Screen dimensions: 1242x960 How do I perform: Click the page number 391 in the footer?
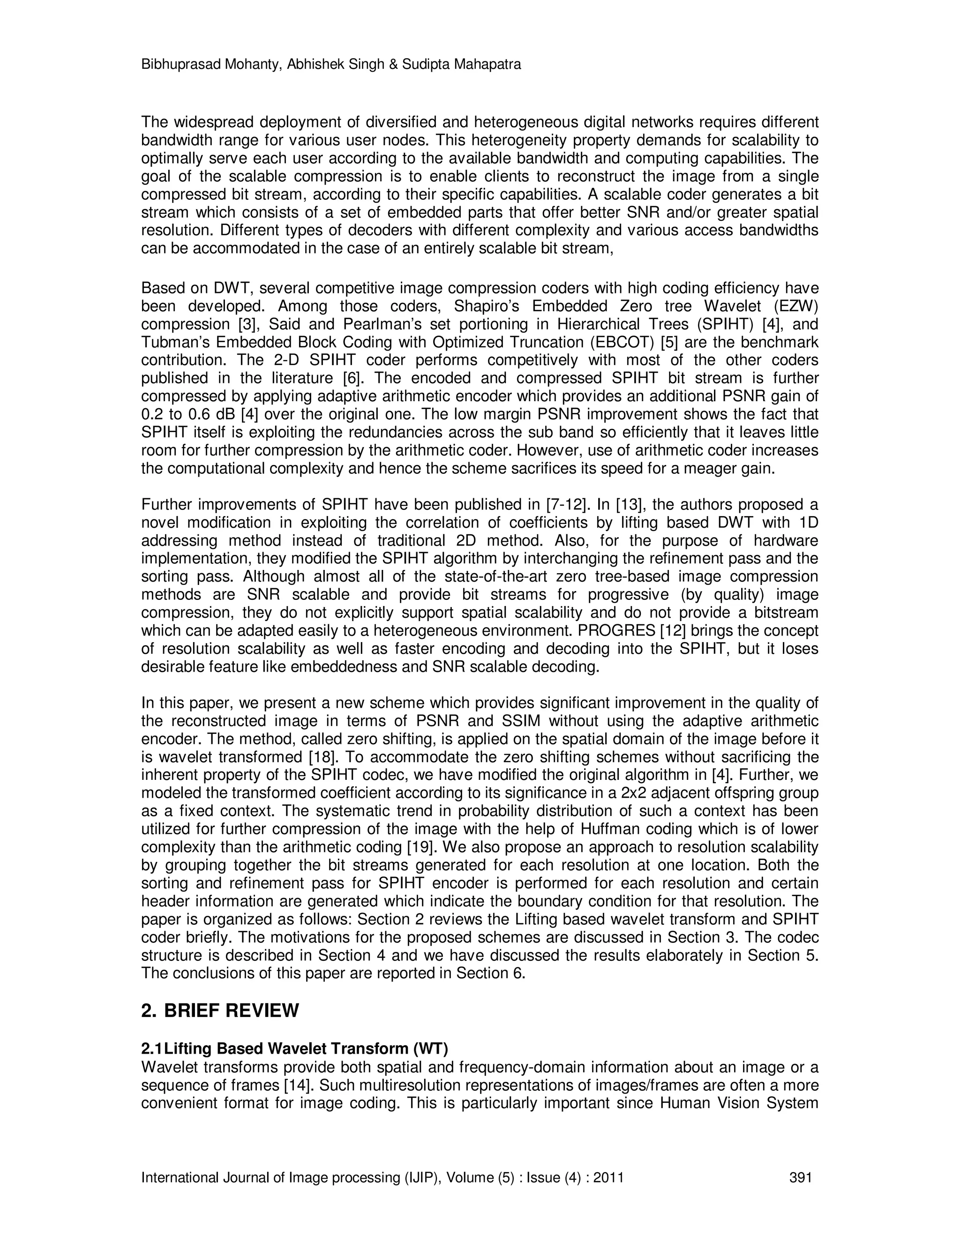coord(801,1177)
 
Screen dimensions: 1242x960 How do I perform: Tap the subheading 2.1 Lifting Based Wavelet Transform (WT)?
coord(294,1048)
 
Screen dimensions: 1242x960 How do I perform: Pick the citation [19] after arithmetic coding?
coord(421,847)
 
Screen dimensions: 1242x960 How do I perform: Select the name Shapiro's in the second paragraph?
coord(487,307)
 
